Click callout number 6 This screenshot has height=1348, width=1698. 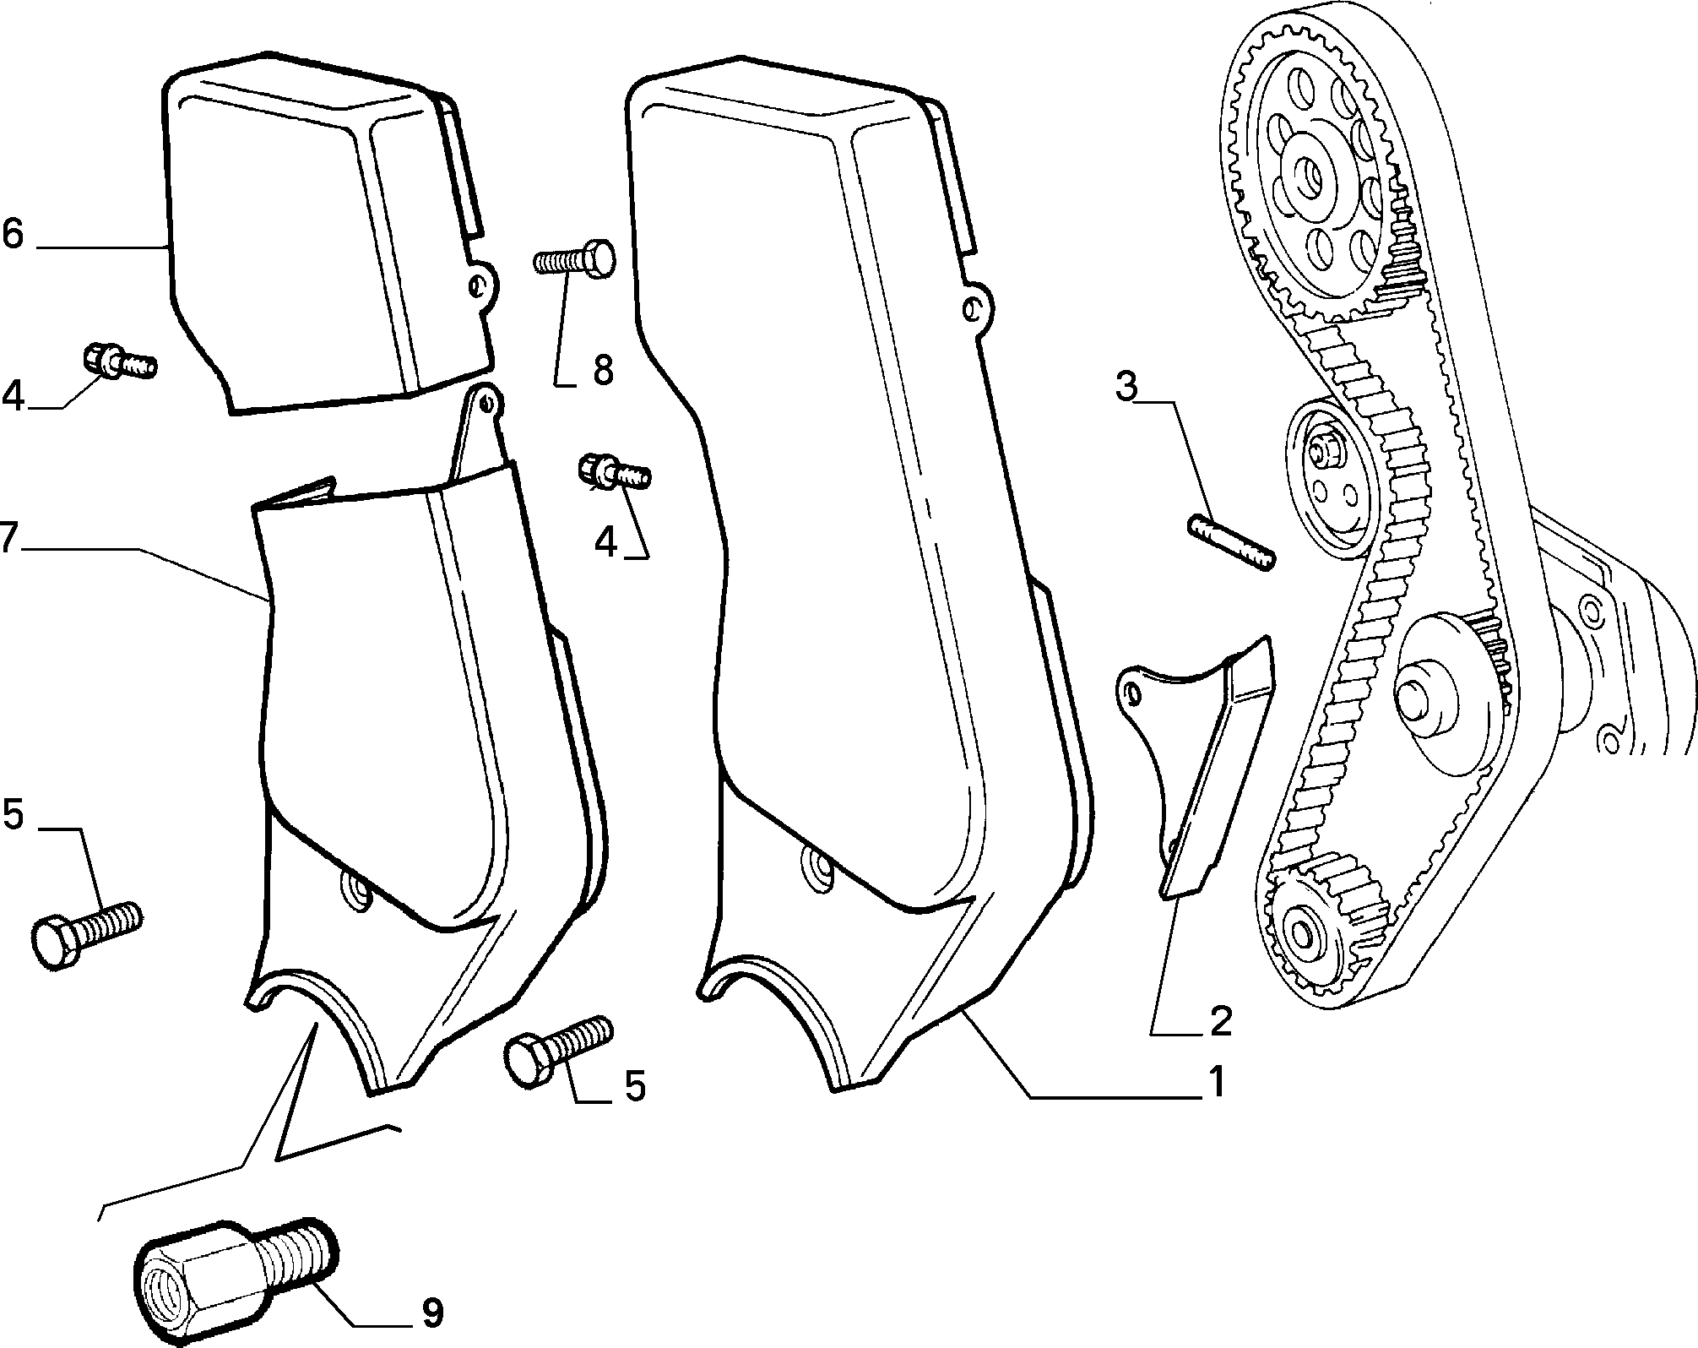point(13,234)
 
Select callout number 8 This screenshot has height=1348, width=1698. point(602,370)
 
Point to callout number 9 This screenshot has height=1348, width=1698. point(431,1313)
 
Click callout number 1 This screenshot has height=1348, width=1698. point(1214,1082)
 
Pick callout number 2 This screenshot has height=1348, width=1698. point(1219,1020)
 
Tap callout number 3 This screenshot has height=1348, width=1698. point(1127,386)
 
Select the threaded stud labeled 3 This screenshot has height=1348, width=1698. point(1232,545)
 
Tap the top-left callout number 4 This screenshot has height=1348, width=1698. point(14,395)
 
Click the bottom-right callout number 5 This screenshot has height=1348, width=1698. point(635,1085)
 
